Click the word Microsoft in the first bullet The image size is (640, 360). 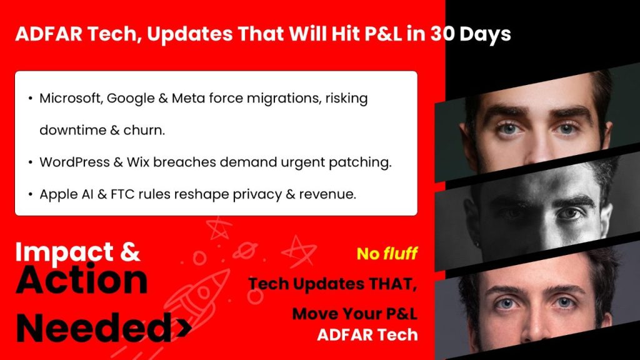[x=68, y=99]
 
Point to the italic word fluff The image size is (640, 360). [x=401, y=254]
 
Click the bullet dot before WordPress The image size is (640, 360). [x=31, y=162]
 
